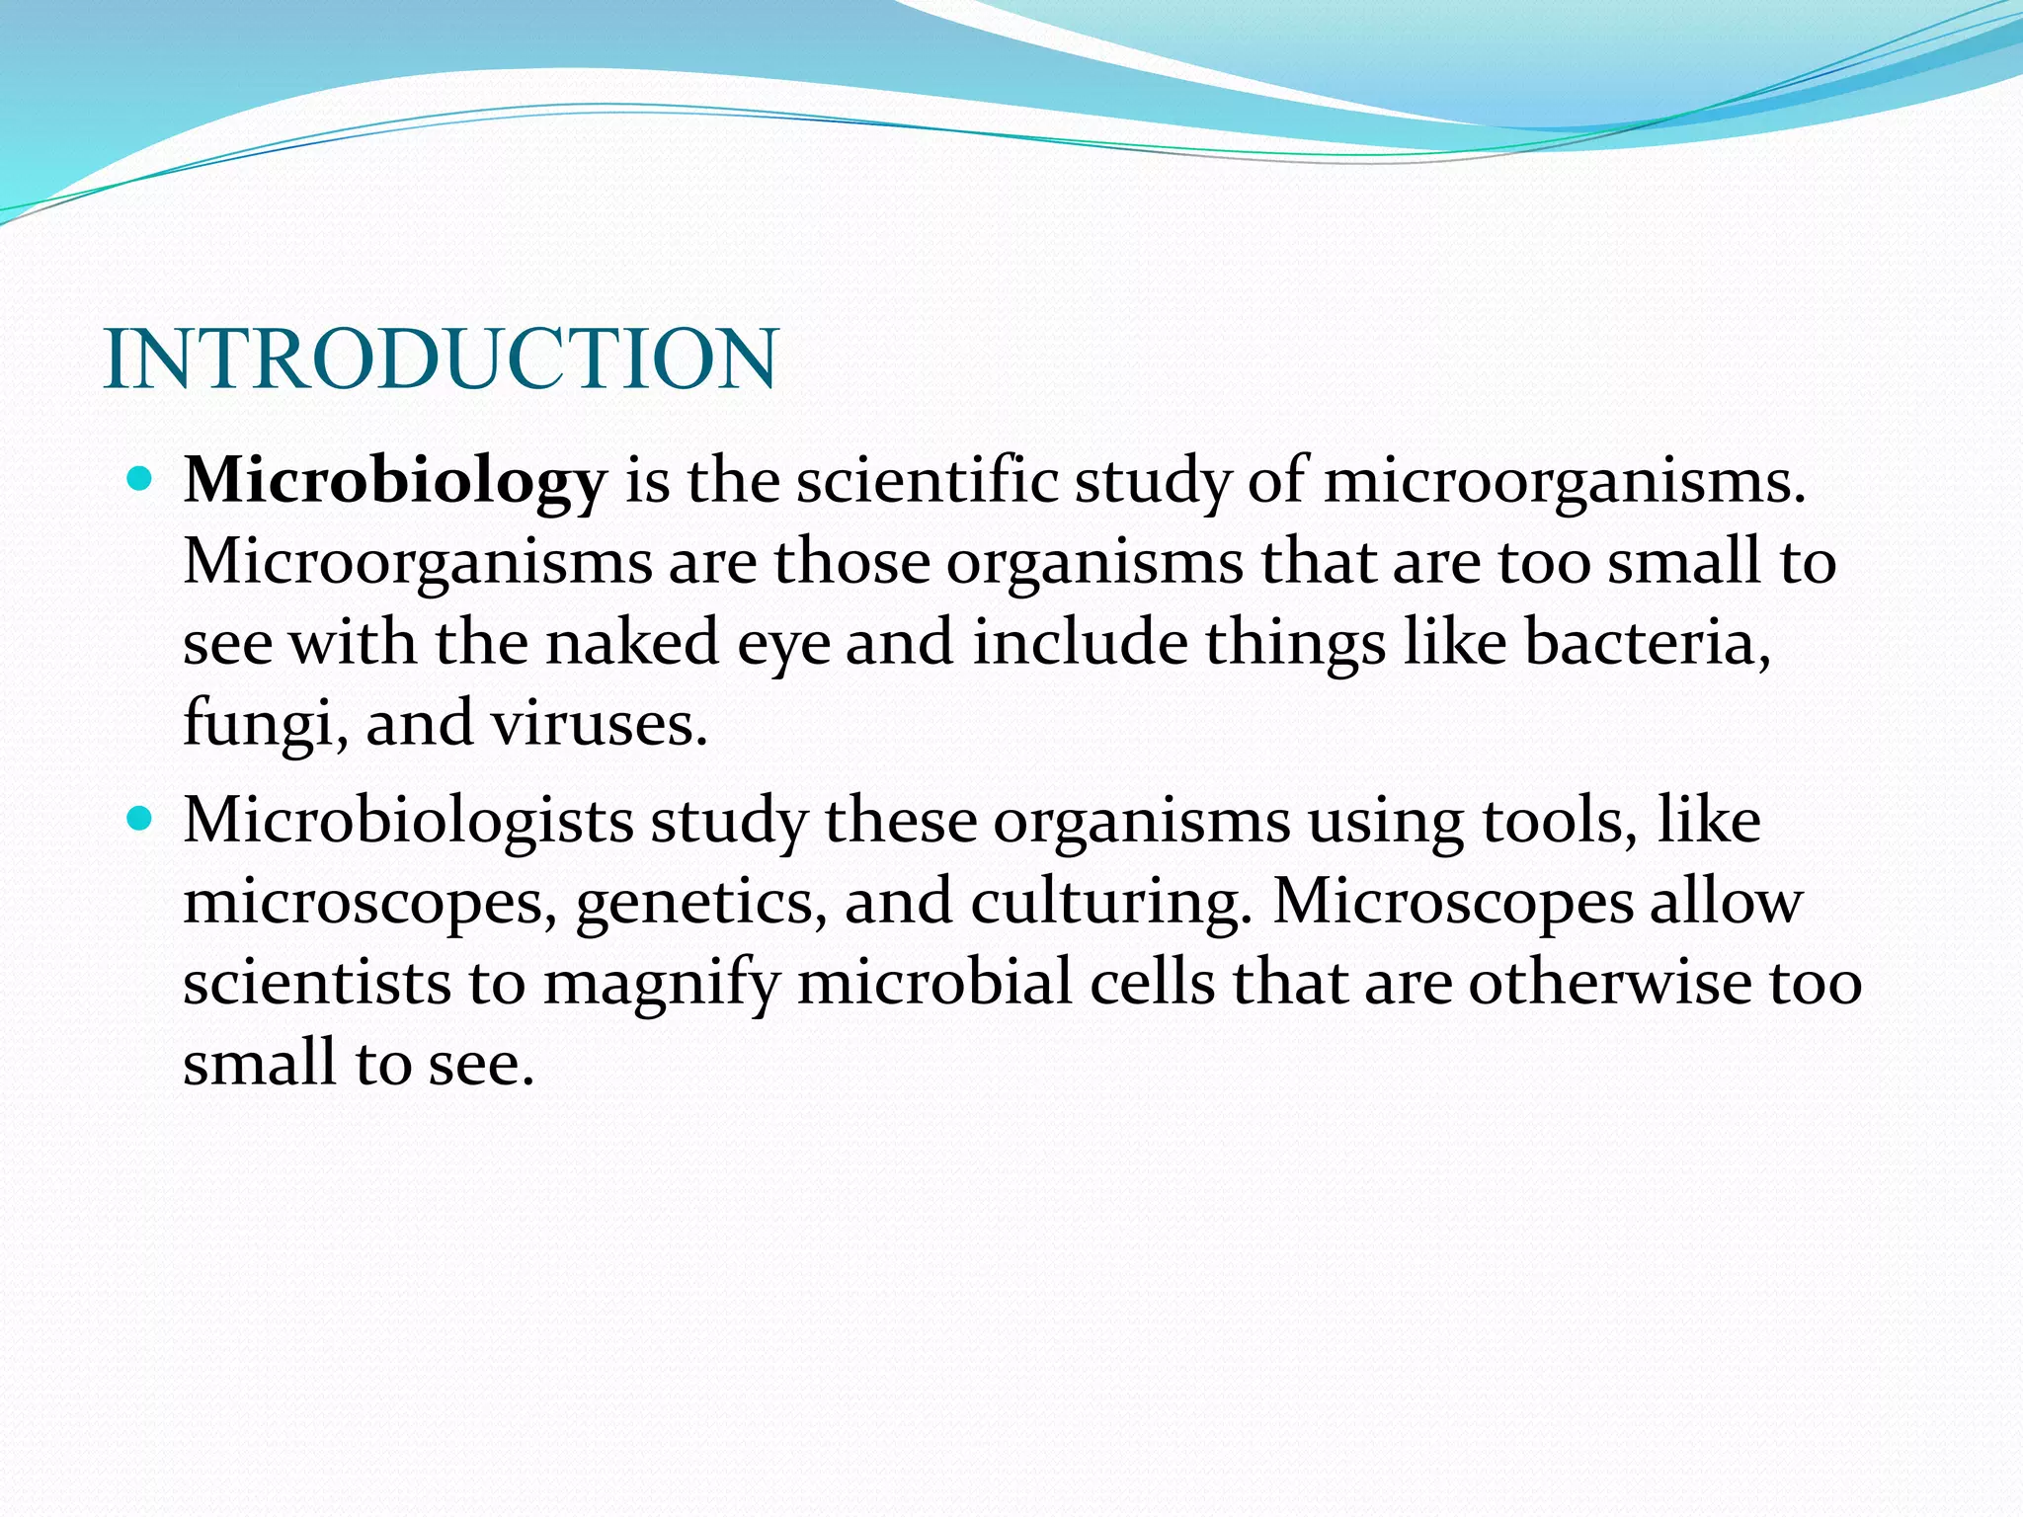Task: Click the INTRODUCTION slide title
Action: pos(441,359)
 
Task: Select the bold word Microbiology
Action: pos(394,482)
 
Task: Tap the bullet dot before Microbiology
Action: pos(140,481)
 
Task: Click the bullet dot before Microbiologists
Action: pos(140,819)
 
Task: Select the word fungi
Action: pos(259,724)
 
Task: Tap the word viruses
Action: pos(597,724)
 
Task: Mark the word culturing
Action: pos(1104,903)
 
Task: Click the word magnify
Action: pos(660,985)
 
